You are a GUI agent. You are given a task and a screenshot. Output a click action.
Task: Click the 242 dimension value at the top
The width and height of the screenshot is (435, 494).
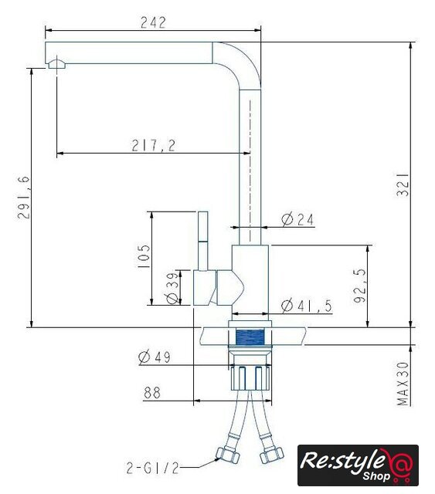(153, 22)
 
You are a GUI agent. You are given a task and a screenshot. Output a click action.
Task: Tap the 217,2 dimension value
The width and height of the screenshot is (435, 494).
(153, 145)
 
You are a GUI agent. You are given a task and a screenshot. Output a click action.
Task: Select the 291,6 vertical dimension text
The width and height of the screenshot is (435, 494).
(24, 198)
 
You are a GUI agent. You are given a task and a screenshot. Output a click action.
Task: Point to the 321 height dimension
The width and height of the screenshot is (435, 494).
(403, 184)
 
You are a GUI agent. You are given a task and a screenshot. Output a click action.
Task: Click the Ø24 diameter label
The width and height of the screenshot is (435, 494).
(297, 219)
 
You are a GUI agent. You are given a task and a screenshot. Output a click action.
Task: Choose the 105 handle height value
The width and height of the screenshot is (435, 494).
(144, 255)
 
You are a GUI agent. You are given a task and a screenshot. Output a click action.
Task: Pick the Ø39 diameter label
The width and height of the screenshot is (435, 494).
(172, 288)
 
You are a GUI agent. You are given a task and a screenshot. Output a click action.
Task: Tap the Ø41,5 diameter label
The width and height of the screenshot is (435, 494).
(307, 306)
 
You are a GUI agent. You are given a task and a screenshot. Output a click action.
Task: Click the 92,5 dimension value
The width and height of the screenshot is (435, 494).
(360, 286)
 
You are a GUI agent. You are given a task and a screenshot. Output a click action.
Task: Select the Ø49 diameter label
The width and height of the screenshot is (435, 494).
(155, 357)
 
